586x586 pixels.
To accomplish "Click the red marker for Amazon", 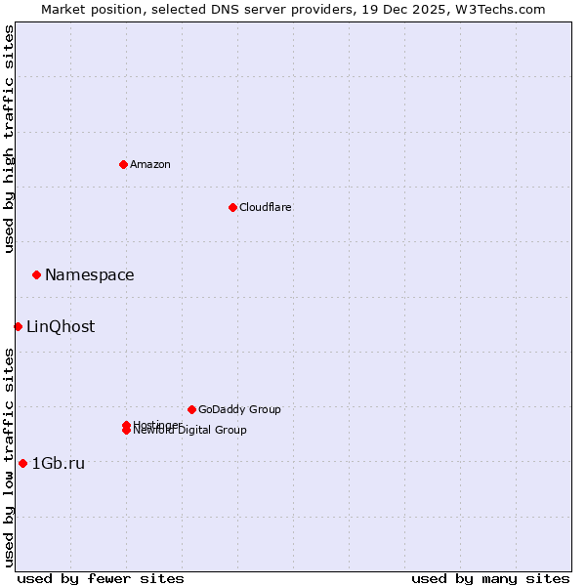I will (x=123, y=164).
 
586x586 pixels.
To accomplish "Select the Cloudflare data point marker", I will (x=232, y=207).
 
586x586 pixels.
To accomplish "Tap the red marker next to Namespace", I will (x=36, y=274).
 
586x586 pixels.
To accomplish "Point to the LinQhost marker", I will (x=18, y=326).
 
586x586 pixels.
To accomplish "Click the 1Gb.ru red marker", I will (x=22, y=463).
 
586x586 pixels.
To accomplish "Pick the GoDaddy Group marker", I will (x=191, y=409).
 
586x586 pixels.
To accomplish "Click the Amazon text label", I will (x=150, y=164).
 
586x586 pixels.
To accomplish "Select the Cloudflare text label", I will (x=266, y=207).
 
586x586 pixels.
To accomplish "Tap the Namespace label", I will (x=90, y=274).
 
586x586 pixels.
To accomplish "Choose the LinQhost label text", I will (x=61, y=326).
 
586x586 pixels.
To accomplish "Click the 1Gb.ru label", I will (x=59, y=463).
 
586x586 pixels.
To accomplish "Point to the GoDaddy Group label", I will (x=239, y=409).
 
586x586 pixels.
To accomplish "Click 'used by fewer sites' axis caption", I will (x=101, y=578).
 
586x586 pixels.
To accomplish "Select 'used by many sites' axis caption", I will (x=490, y=578).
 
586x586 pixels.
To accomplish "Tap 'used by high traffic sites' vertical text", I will (x=9, y=139).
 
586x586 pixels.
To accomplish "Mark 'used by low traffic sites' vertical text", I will (x=9, y=457).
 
